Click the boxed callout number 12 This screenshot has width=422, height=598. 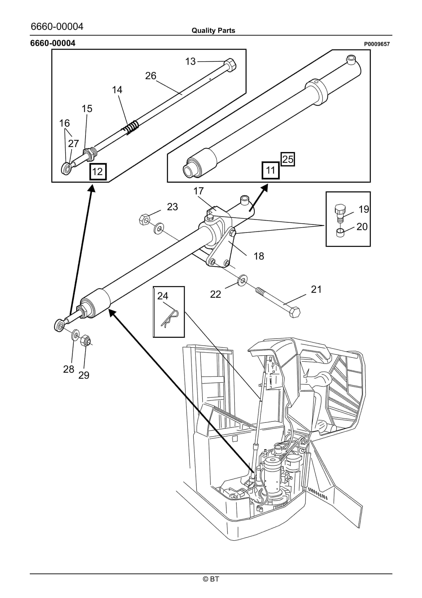pyautogui.click(x=98, y=172)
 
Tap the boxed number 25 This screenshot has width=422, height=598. pyautogui.click(x=288, y=159)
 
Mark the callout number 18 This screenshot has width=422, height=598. pyautogui.click(x=259, y=256)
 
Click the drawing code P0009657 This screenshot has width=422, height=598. pyautogui.click(x=376, y=44)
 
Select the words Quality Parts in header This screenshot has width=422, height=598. pyautogui.click(x=213, y=31)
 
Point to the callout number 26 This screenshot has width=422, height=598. pyautogui.click(x=151, y=76)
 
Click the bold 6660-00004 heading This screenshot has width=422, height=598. pyautogui.click(x=53, y=43)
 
